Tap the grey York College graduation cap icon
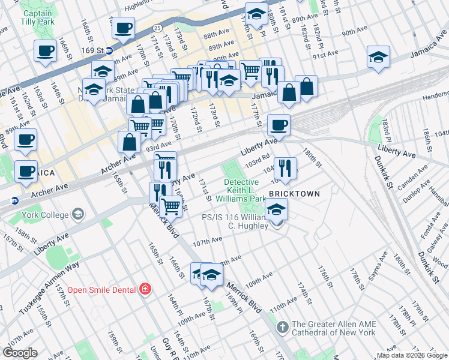point(77,214)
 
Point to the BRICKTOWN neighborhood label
point(292,194)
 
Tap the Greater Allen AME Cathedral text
point(334,328)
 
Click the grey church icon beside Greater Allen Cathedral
point(283,328)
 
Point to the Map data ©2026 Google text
point(411,355)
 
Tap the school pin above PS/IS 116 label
point(276,209)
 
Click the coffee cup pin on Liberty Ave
point(279,125)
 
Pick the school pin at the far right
point(378,58)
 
